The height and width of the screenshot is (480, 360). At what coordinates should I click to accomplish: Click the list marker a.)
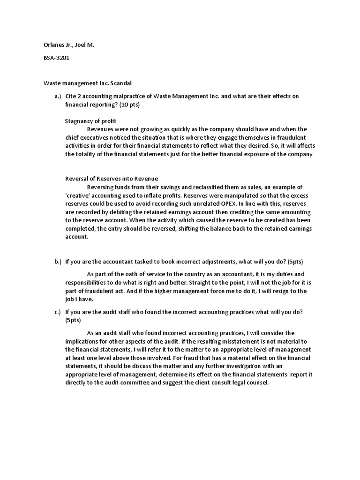coord(58,96)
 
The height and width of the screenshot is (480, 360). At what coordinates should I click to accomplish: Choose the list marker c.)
coord(58,312)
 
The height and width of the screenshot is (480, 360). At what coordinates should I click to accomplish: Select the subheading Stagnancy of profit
coord(90,121)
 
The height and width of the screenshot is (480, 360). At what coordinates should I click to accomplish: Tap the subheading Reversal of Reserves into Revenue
coord(111,178)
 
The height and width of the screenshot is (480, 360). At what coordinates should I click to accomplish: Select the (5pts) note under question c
coord(73,320)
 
